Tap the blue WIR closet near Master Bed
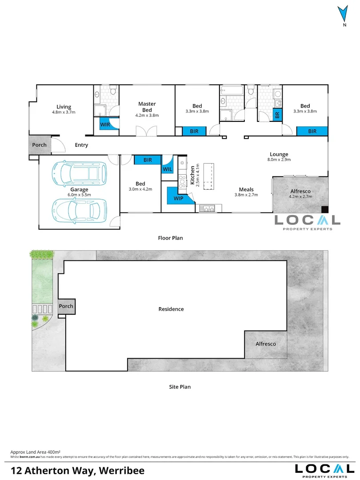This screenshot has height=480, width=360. pyautogui.click(x=105, y=124)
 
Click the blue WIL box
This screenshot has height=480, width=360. pyautogui.click(x=168, y=169)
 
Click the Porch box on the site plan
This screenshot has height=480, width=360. pyautogui.click(x=66, y=306)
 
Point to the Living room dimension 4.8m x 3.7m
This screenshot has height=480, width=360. pyautogui.click(x=64, y=112)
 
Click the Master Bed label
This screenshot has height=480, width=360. pyautogui.click(x=147, y=107)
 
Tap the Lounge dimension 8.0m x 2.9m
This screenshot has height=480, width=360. pyautogui.click(x=278, y=160)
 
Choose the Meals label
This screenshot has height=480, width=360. pyautogui.click(x=246, y=189)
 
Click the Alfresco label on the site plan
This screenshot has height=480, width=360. pyautogui.click(x=265, y=344)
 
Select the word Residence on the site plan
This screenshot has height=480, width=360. pyautogui.click(x=171, y=309)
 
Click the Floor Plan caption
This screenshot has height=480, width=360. pyautogui.click(x=170, y=238)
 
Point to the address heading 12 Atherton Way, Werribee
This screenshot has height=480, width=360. pyautogui.click(x=77, y=470)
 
